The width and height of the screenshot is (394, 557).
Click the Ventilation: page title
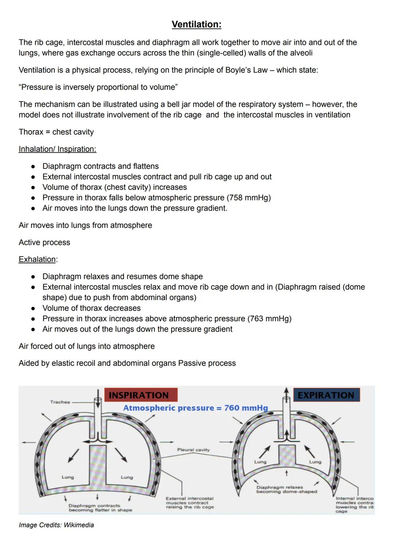point(196,24)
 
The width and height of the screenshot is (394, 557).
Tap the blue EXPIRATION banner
point(326,395)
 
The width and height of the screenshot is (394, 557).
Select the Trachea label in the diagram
point(60,402)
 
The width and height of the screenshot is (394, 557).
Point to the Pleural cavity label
point(193,450)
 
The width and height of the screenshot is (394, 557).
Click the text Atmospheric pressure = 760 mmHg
point(196,408)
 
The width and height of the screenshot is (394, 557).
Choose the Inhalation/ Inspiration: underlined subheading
point(57,149)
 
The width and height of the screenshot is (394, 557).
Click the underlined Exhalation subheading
point(37,259)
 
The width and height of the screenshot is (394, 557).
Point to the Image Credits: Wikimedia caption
point(56,525)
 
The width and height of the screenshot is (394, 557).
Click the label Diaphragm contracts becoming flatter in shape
point(100,508)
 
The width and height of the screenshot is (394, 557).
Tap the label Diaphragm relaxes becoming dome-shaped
point(286,489)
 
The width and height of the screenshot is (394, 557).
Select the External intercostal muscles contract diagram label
point(190,503)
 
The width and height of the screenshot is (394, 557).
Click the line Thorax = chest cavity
point(56,132)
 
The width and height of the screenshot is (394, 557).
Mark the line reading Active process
point(45,243)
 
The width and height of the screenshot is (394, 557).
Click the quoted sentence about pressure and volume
point(98,87)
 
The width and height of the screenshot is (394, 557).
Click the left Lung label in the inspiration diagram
point(68,477)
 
